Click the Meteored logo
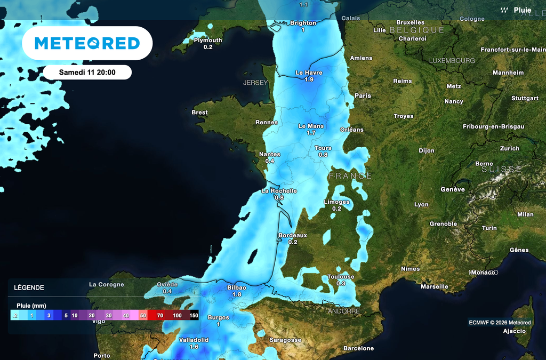tap(87, 43)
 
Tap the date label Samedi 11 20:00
tap(87, 72)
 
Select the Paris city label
tap(363, 96)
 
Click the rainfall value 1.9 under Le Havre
tap(309, 79)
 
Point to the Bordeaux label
tap(293, 235)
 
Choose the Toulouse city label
tap(341, 277)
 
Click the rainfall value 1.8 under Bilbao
tap(237, 294)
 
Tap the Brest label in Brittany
tap(199, 113)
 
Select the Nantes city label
tap(269, 154)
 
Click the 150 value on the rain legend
tap(193, 316)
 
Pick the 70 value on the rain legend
tap(160, 316)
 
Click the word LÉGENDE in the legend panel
tap(29, 288)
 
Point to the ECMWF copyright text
tap(500, 323)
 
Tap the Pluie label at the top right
tap(522, 10)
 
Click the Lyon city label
tap(421, 205)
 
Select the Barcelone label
tap(358, 348)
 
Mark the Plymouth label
tap(208, 40)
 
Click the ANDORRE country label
tap(340, 311)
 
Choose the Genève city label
tap(453, 189)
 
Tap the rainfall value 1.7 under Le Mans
tap(311, 133)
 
